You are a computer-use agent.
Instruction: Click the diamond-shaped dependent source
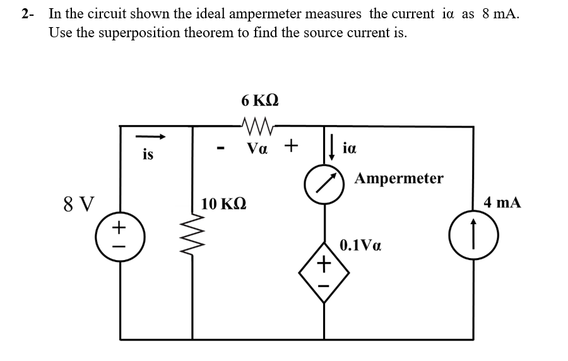[324, 273]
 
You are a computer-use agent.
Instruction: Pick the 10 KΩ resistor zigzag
[192, 239]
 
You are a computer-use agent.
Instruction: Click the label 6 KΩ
[259, 100]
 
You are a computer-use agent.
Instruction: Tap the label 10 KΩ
[224, 204]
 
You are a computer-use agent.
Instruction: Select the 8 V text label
[80, 204]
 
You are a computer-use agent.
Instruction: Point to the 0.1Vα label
[360, 246]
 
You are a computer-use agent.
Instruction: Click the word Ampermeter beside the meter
[399, 179]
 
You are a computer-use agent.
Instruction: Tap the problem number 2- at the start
[27, 14]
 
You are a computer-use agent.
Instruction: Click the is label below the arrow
[148, 154]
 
